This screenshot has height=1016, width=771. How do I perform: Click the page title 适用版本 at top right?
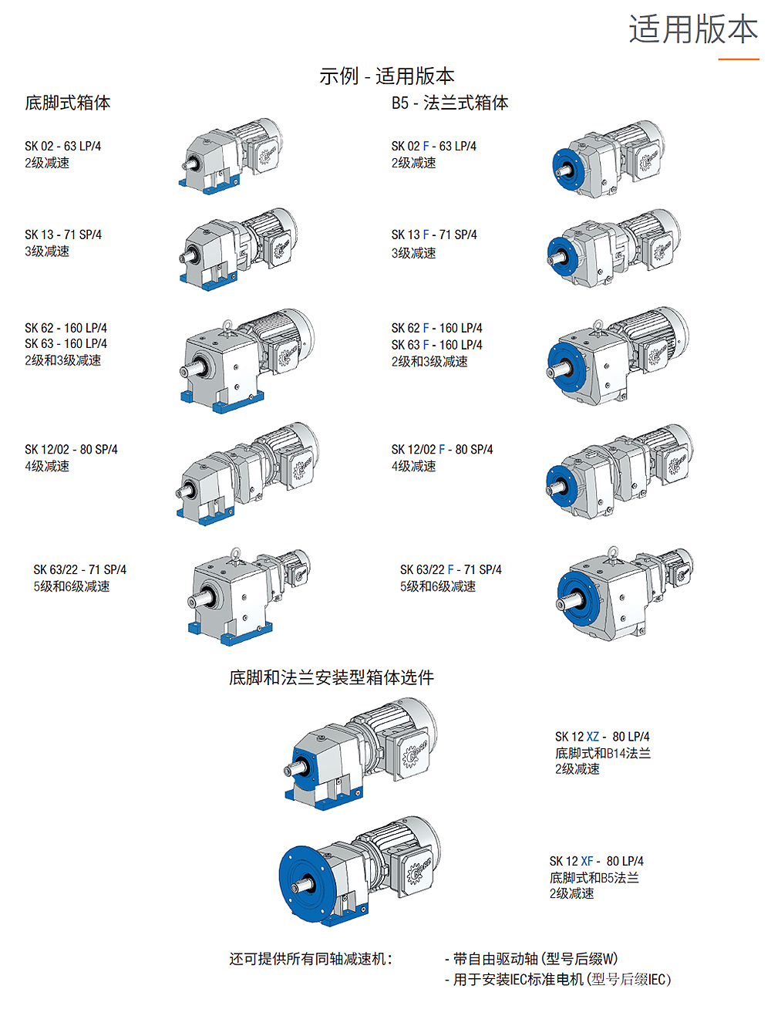692,29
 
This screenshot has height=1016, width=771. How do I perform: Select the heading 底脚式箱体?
67,103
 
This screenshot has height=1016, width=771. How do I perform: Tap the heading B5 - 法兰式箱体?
449,103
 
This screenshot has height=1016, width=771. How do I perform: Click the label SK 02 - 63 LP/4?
62,146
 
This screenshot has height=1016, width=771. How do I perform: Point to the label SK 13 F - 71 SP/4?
433,235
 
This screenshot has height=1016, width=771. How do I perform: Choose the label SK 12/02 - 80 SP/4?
71,449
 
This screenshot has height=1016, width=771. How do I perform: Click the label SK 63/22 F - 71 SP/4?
450,569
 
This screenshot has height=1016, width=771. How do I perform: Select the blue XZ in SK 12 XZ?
592,737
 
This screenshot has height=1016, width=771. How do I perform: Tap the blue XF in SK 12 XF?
587,861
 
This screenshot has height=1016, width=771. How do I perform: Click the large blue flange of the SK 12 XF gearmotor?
300,883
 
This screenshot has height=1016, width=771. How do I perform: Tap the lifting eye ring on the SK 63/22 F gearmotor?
612,552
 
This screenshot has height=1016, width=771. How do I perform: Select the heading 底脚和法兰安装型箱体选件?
331,677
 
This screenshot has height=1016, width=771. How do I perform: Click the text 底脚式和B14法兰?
602,753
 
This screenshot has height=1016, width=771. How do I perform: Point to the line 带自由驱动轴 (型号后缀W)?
535,959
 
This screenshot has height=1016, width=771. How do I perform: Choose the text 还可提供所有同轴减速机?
311,959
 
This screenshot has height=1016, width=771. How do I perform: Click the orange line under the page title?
739,59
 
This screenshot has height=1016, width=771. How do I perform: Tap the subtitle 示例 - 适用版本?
386,76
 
